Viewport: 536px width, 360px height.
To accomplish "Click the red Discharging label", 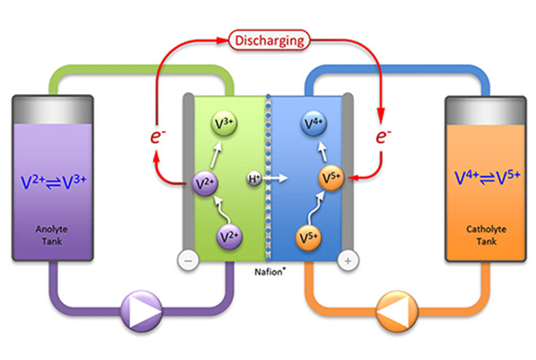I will coord(269,40).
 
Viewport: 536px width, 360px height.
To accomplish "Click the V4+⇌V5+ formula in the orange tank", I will coord(482,179).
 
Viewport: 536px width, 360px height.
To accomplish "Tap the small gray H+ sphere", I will coord(254,180).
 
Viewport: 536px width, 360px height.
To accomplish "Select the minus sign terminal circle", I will coord(187,260).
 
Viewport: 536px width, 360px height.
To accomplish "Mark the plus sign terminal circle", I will coord(349,260).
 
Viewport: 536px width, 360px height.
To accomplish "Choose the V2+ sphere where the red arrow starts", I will coord(202,183).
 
